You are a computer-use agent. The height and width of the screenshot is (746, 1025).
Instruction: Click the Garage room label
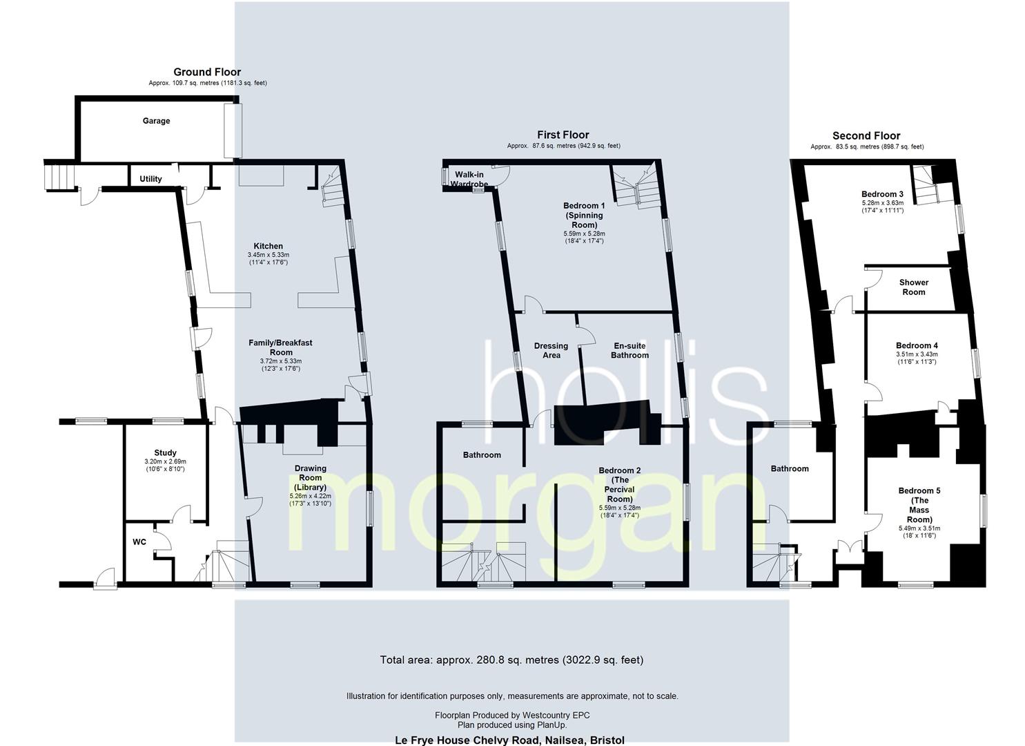(156, 121)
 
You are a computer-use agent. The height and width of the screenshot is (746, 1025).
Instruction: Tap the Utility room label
(150, 179)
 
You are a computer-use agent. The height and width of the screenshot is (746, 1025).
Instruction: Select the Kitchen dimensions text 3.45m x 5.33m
(268, 255)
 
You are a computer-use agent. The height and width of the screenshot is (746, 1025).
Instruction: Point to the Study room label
(165, 453)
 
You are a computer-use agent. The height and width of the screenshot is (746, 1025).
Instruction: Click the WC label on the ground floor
(139, 542)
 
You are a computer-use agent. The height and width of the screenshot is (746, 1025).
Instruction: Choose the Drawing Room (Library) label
(310, 477)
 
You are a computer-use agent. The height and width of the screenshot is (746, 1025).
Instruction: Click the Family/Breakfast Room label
(280, 347)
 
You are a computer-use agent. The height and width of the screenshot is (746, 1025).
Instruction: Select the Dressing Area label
(551, 350)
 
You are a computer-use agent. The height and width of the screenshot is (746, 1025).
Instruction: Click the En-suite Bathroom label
(629, 350)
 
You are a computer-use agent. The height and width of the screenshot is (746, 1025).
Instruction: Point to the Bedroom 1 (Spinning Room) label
(584, 215)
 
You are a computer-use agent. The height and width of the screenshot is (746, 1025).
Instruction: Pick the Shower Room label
(913, 287)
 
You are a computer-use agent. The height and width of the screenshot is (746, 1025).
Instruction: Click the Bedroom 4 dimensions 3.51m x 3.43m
(917, 354)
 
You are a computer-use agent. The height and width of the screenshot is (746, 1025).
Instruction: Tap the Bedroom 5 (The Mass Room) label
(919, 505)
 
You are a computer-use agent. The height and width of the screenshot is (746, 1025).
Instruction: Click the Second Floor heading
(866, 135)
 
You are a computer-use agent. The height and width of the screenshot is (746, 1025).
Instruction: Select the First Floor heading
(563, 135)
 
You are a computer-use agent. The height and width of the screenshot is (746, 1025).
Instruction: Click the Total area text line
(511, 660)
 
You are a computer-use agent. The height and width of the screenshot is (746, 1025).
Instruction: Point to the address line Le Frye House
(509, 740)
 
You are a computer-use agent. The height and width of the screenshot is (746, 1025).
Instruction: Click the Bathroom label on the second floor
(790, 468)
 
